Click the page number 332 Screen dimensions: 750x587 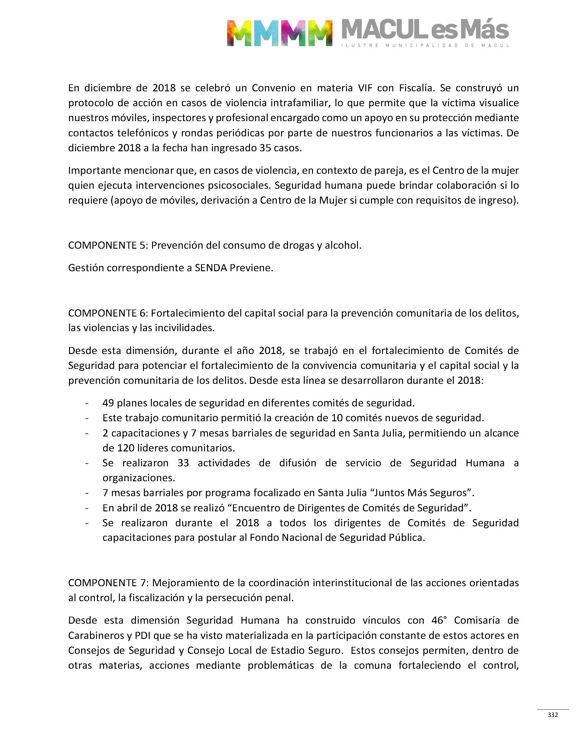point(553,715)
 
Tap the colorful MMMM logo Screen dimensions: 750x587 point(280,33)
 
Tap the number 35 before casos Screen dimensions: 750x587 point(265,148)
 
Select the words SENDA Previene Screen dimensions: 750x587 point(234,268)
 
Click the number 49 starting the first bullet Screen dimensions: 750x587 point(108,403)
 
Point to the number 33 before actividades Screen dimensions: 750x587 point(183,463)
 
